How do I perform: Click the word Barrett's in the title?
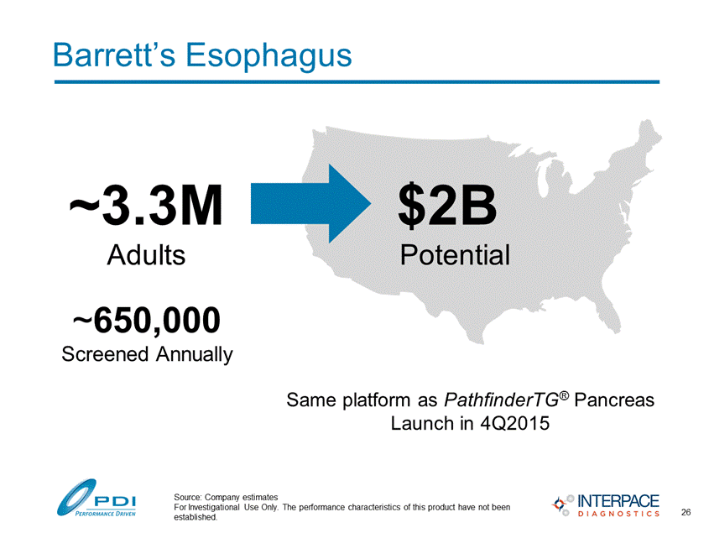pos(114,55)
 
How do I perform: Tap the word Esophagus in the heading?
pos(268,57)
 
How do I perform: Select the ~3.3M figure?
pos(146,205)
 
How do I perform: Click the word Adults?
pos(146,254)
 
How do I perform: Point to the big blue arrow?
pos(311,204)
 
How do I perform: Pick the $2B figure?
pos(447,206)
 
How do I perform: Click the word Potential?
pos(455,254)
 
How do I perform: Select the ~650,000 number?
pos(147,321)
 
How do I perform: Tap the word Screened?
pos(105,354)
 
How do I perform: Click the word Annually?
pos(195,355)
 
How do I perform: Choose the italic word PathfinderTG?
pos(502,400)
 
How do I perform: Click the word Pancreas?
pos(614,400)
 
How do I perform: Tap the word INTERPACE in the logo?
pos(618,501)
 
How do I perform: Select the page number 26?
pos(686,512)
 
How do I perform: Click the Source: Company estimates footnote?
pos(226,497)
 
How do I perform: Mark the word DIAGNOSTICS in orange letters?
pos(618,514)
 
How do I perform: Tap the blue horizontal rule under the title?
pos(357,82)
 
